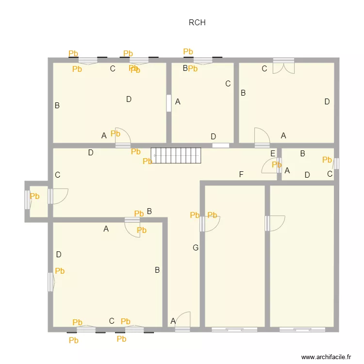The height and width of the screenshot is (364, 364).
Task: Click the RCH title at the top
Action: tap(197, 22)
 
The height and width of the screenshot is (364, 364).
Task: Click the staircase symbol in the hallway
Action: tap(176, 156)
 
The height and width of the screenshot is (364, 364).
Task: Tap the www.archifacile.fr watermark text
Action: tap(326, 357)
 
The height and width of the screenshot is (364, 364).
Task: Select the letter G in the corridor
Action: tap(196, 248)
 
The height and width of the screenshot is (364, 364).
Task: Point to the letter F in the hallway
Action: tap(241, 175)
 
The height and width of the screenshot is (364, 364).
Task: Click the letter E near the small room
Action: tap(273, 154)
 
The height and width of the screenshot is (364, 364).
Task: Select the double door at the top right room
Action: tap(283, 66)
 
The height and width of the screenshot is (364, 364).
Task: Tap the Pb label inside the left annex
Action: tap(34, 197)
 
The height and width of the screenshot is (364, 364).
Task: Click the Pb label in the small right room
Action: tap(327, 160)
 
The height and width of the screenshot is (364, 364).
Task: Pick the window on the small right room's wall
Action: tap(336, 164)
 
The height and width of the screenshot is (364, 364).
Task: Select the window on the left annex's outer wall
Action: tap(27, 199)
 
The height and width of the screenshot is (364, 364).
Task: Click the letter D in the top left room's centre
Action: tap(129, 99)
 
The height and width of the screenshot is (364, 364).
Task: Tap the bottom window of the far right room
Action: tap(302, 330)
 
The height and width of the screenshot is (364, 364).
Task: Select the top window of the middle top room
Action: tap(203, 61)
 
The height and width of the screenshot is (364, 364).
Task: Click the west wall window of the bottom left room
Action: tap(50, 282)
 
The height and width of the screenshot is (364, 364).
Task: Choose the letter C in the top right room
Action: tap(265, 69)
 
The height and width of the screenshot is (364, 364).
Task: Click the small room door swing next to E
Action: tap(270, 166)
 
